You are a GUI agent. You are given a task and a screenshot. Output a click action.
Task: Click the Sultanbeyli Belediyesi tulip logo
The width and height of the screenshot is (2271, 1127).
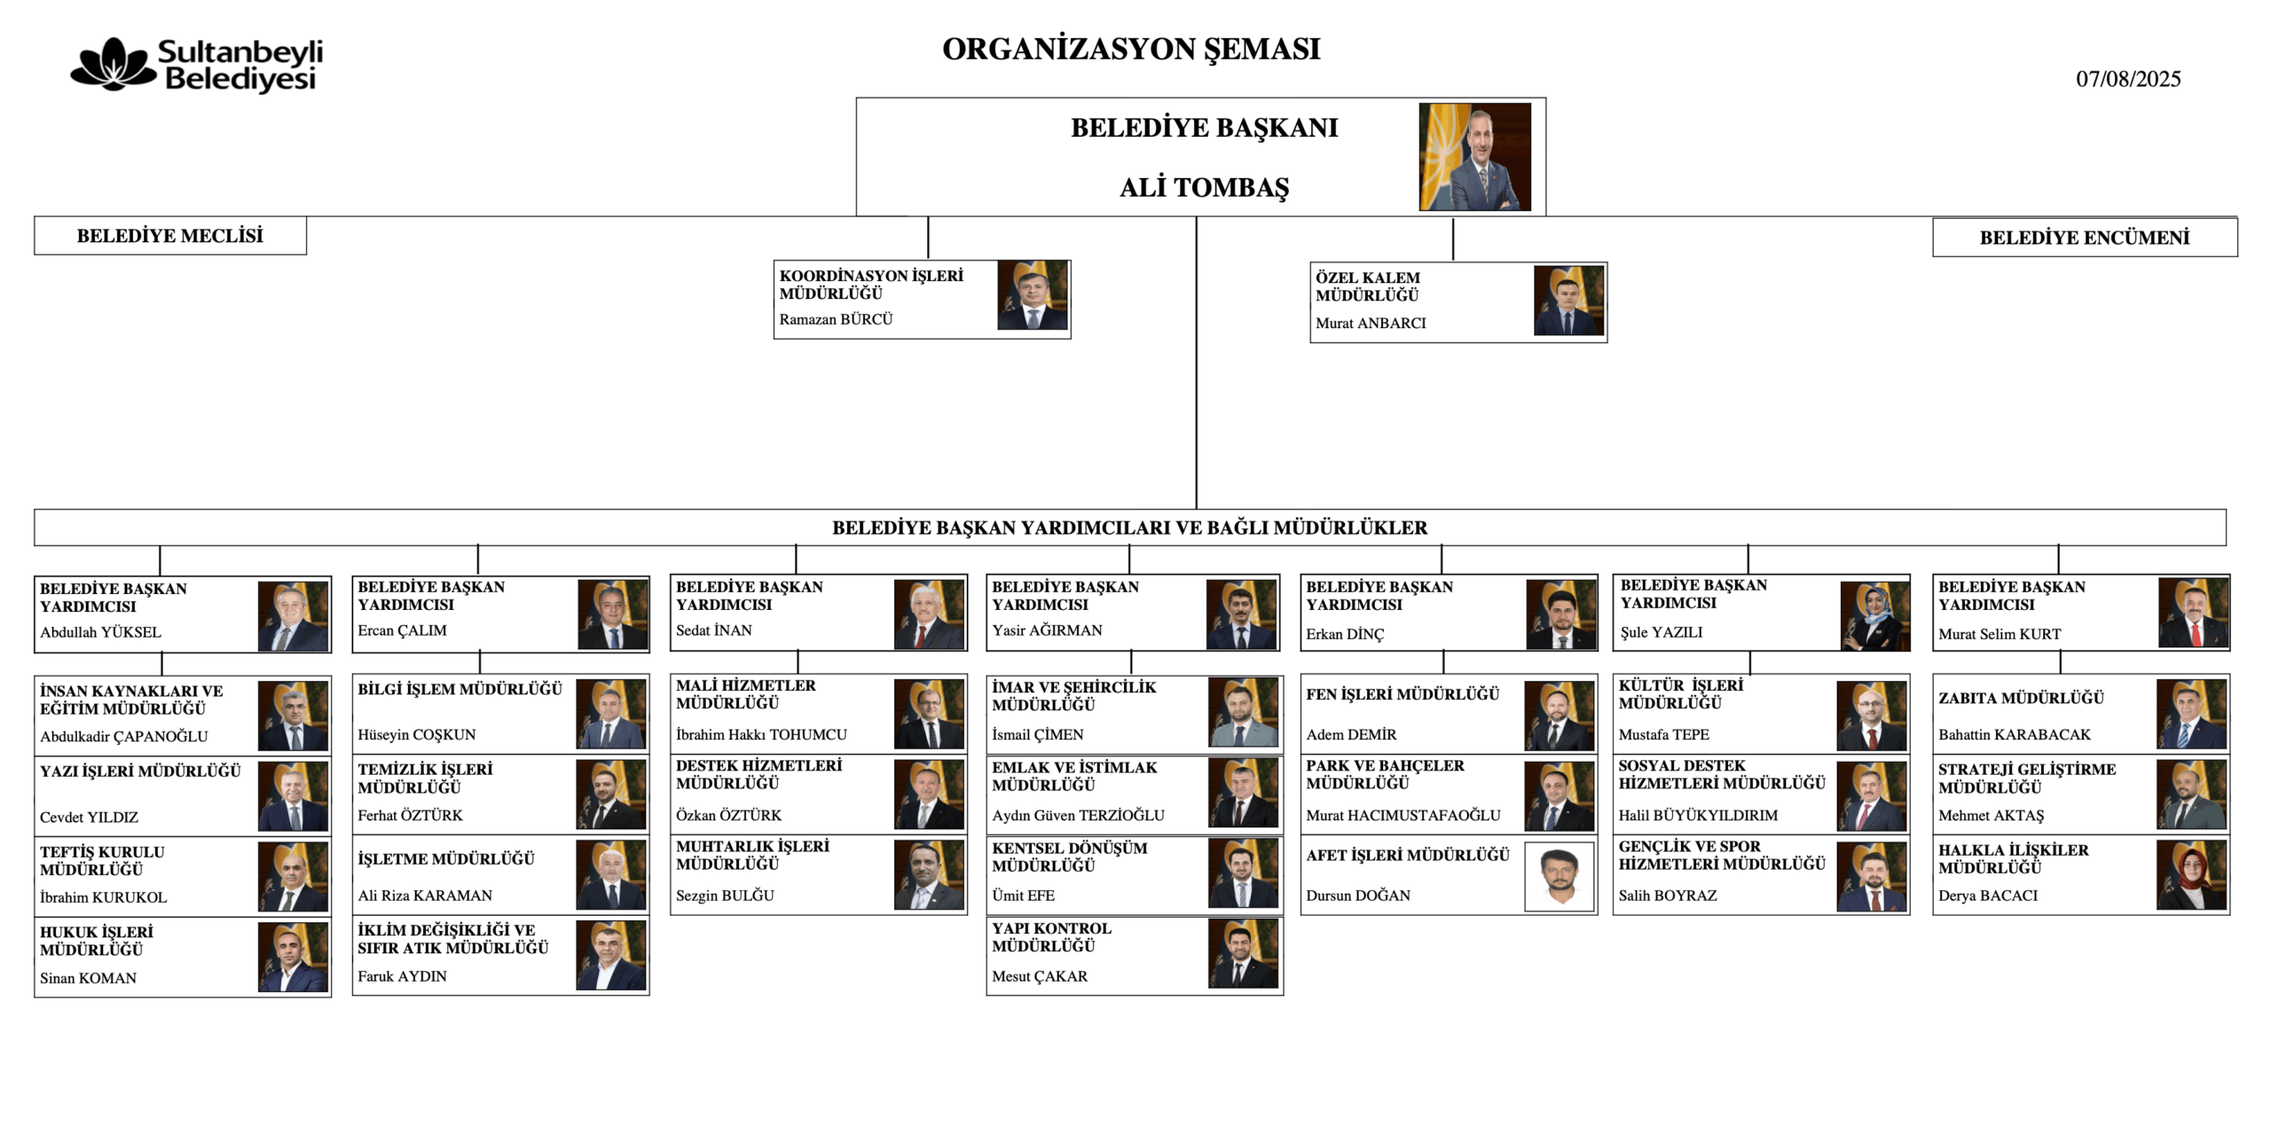(x=114, y=64)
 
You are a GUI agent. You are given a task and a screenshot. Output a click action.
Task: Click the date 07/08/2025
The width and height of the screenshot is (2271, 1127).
(x=2127, y=79)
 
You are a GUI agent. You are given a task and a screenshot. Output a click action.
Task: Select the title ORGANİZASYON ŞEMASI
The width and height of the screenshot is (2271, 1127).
(x=1131, y=49)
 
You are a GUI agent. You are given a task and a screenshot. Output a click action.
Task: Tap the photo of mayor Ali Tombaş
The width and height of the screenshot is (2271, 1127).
(x=1474, y=157)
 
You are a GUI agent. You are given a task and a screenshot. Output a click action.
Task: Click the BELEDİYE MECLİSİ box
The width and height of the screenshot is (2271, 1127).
(x=170, y=236)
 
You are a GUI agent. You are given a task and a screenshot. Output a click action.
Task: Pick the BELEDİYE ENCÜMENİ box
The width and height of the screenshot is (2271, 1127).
(x=2085, y=238)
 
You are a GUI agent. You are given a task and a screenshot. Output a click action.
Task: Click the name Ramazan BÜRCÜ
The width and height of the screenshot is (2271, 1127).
(x=836, y=319)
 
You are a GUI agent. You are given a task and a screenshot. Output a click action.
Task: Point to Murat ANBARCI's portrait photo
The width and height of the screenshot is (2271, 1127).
(x=1568, y=301)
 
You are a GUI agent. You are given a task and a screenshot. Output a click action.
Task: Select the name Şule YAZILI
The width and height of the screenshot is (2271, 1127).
(x=1661, y=632)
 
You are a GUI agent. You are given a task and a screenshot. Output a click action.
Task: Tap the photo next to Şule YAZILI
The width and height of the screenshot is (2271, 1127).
(x=1874, y=616)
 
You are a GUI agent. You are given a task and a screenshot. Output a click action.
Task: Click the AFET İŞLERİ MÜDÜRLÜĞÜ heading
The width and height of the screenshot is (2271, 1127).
(x=1407, y=855)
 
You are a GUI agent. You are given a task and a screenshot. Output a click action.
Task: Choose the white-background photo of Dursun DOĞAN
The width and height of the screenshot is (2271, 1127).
(x=1559, y=876)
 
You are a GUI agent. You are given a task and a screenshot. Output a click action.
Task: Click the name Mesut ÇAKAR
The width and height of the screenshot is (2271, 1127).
(x=1039, y=976)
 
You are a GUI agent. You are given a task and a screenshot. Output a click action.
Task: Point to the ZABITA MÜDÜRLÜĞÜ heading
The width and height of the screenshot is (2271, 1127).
(x=2020, y=698)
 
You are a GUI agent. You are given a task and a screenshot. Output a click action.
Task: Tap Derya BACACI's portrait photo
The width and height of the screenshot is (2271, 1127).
(x=2191, y=875)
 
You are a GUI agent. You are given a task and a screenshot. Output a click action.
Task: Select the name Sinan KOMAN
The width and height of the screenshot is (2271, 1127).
(x=88, y=978)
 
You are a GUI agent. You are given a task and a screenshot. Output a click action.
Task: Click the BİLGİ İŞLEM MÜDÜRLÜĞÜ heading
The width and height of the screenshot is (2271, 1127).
(x=460, y=689)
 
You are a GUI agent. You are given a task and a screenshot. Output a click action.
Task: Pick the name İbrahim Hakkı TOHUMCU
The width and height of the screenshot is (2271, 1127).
(x=761, y=734)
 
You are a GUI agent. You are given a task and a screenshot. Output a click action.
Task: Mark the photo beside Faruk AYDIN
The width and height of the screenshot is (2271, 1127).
(x=610, y=955)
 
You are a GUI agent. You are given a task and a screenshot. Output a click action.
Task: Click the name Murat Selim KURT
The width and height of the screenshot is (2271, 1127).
(x=1999, y=634)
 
